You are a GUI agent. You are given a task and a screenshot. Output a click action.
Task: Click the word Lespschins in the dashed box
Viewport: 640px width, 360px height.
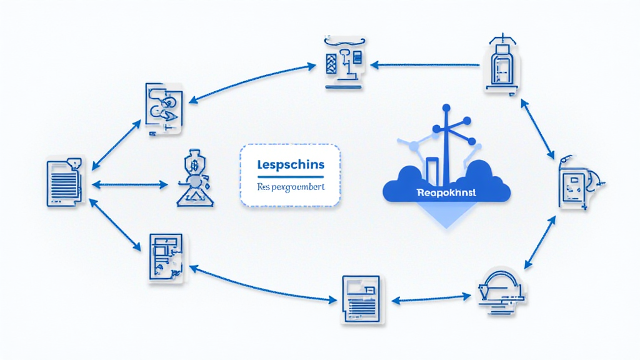pos(290,165)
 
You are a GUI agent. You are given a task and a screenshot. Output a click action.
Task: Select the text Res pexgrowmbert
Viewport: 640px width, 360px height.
pos(290,187)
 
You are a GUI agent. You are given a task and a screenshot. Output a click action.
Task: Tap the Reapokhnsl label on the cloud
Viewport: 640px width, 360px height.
pos(446,193)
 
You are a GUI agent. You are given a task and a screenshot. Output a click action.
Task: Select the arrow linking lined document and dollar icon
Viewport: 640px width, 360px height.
pos(130,184)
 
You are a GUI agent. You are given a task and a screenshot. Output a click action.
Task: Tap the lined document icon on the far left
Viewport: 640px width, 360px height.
pos(64,182)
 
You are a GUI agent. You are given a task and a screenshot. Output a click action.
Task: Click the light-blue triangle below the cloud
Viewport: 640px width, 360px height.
pos(446,216)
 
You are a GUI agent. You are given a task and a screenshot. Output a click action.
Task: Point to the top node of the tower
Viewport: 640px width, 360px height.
pos(446,108)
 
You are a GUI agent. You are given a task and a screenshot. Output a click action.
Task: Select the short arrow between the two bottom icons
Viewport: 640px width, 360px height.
pos(434,297)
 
